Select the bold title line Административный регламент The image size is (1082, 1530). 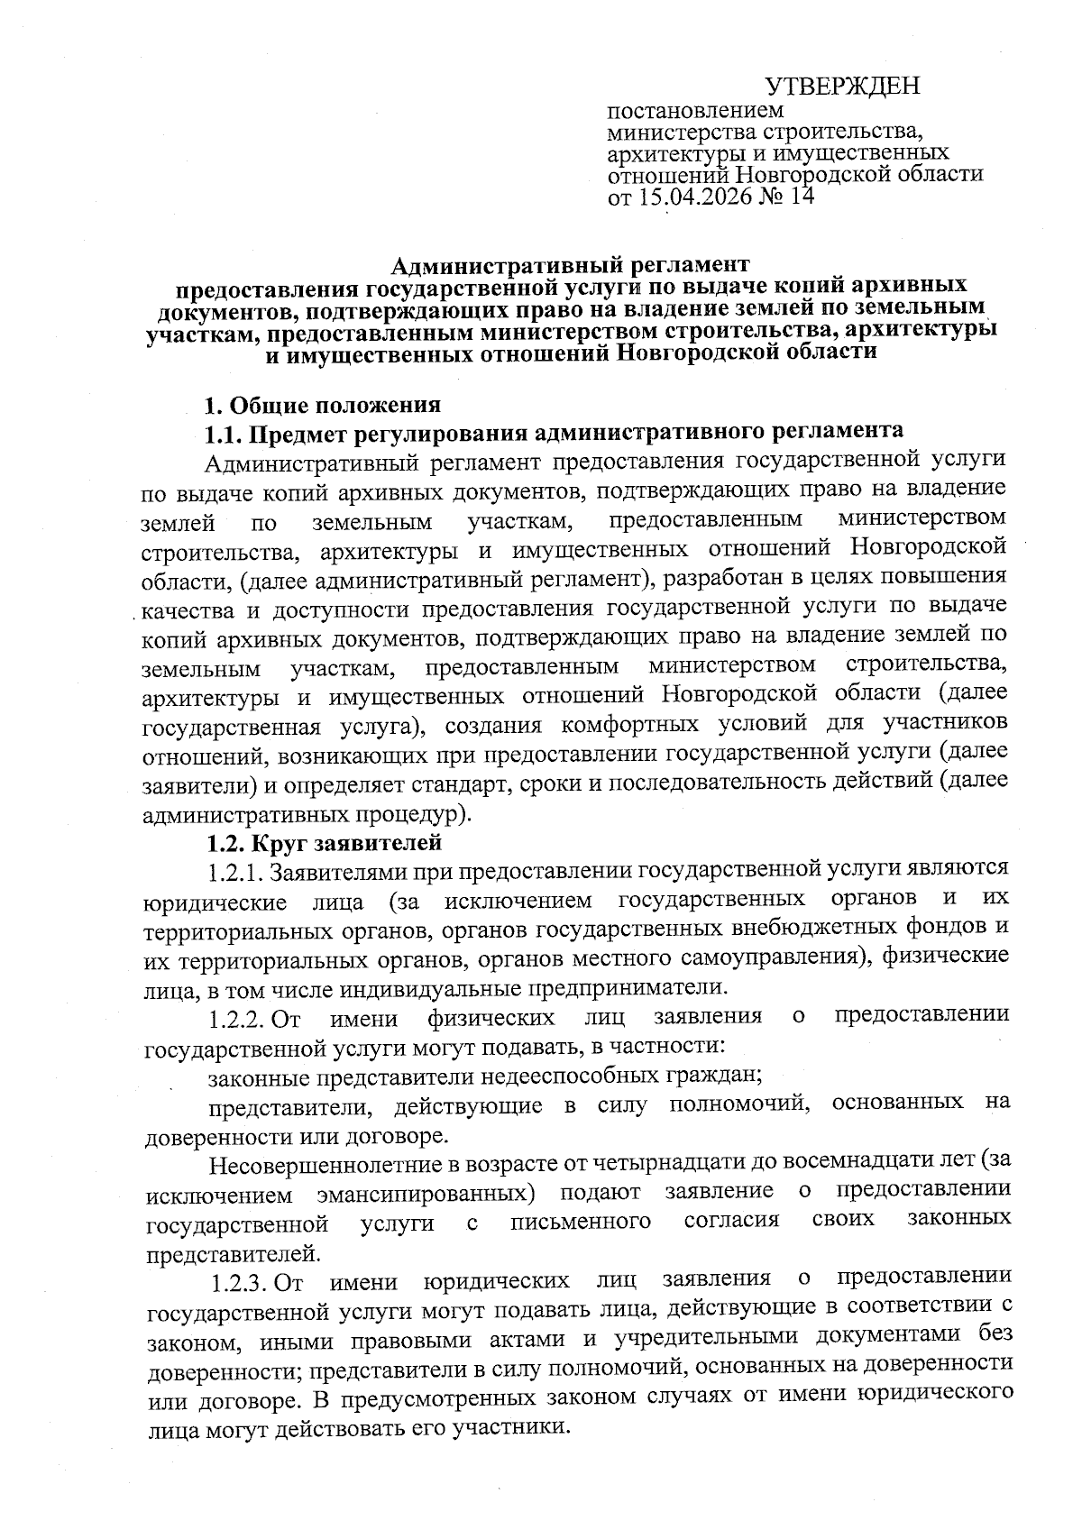570,265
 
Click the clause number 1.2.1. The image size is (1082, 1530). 236,872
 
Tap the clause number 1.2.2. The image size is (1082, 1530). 236,1019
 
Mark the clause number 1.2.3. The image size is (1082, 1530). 240,1280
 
